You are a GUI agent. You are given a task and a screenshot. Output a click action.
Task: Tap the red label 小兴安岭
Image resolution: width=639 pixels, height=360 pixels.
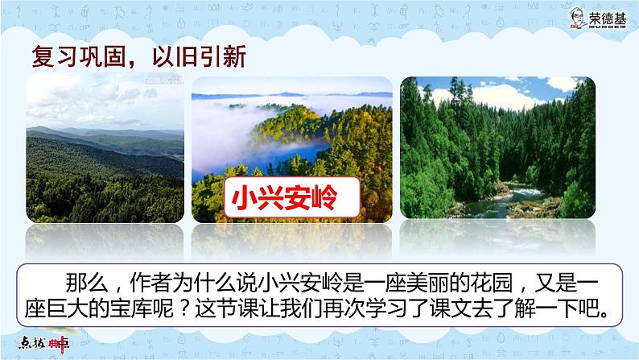coord(278,196)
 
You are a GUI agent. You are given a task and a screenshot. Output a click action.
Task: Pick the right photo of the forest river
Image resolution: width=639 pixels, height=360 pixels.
coord(497,149)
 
